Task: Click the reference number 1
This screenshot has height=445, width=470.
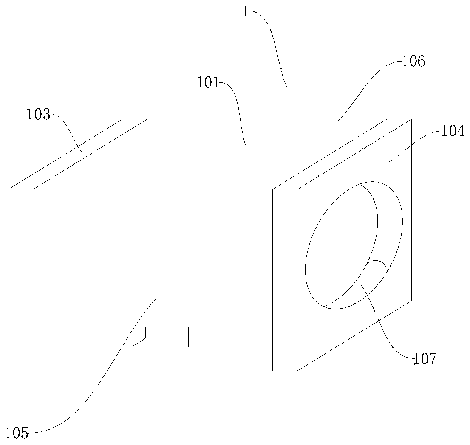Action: click(245, 11)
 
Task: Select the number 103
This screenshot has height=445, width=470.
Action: click(38, 114)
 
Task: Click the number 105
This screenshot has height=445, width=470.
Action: click(17, 434)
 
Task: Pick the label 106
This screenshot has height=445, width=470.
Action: click(413, 62)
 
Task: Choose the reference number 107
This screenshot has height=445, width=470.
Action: click(425, 359)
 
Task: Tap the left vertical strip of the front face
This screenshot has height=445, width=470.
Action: click(20, 280)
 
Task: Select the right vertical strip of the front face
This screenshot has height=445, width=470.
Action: click(285, 280)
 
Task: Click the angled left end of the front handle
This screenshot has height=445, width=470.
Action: click(138, 337)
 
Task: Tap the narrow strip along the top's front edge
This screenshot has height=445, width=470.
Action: click(161, 184)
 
